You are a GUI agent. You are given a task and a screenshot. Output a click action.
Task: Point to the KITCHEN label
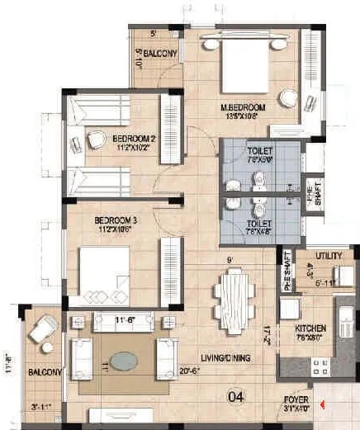[310, 328]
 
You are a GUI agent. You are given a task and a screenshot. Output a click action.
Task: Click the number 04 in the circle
[238, 395]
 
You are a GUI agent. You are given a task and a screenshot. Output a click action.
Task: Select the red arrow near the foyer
[325, 404]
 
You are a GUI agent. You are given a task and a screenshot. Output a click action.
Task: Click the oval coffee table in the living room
[124, 361]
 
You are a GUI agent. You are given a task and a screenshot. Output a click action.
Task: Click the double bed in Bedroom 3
[104, 273]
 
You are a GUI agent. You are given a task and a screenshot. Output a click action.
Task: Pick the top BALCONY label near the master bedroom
[158, 54]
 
